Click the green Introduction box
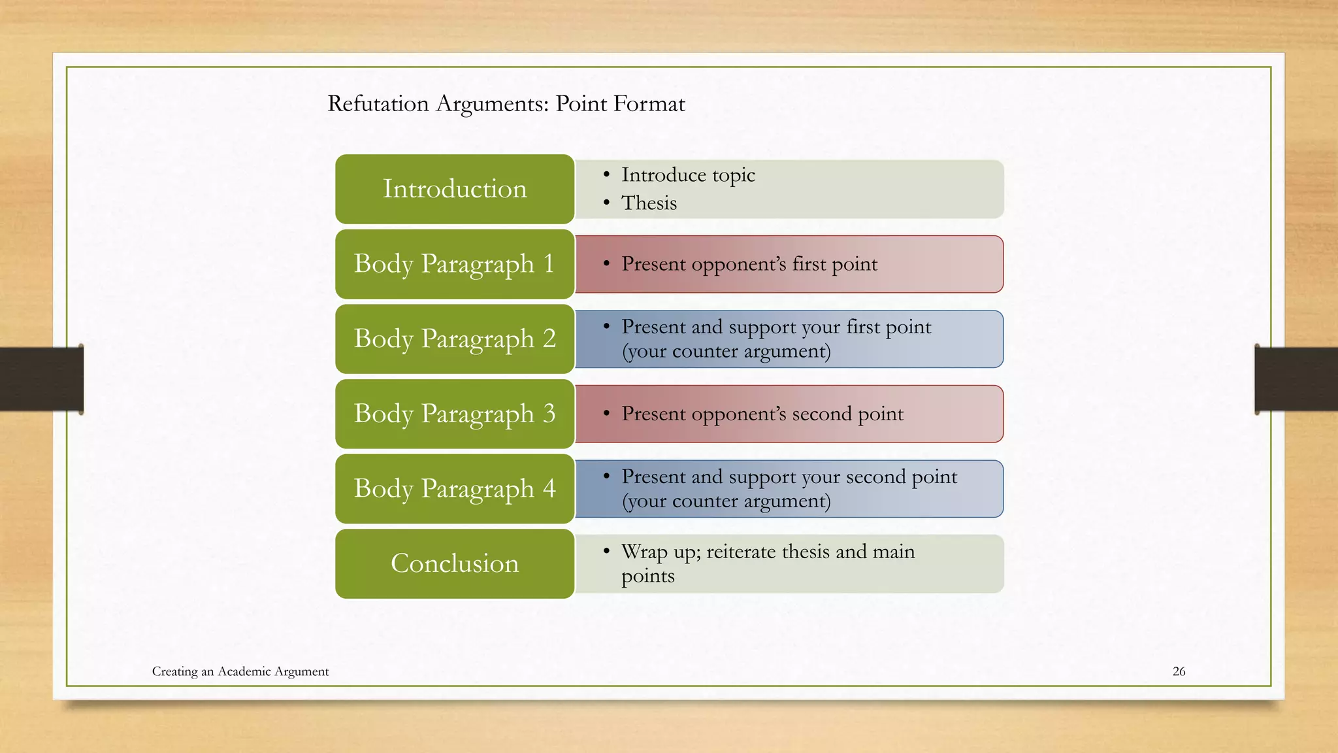pos(455,189)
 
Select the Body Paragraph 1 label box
pos(455,264)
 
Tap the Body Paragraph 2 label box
pos(455,339)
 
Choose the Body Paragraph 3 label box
pos(455,414)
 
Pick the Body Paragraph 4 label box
pos(455,489)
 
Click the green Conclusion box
pos(455,563)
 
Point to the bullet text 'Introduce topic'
pos(688,175)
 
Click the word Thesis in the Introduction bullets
pos(649,203)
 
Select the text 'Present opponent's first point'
pos(749,264)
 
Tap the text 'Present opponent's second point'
pos(762,414)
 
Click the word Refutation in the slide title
pos(378,104)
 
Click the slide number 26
pos(1179,671)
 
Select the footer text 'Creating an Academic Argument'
pos(240,671)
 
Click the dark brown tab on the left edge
pos(41,379)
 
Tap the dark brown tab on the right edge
pos(1296,379)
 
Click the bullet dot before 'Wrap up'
pos(606,552)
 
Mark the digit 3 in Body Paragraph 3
pos(549,414)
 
